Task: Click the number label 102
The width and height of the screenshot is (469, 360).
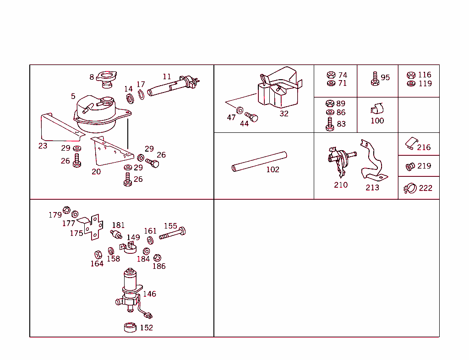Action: coord(273,169)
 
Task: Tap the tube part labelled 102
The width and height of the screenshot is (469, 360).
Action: coord(259,161)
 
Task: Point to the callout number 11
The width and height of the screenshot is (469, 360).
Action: coord(167,76)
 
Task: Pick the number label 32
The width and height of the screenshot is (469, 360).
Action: coord(284,114)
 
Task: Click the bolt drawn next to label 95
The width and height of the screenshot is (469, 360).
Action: coord(374,78)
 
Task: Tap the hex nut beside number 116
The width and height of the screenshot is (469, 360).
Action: coord(411,75)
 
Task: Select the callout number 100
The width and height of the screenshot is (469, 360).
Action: coord(377,121)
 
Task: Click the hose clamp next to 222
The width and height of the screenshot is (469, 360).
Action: coord(409,188)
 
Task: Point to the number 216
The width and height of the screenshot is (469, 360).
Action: coord(424,147)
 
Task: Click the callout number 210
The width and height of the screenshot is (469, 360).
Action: coord(340,185)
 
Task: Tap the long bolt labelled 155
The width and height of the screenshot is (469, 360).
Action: coord(172,234)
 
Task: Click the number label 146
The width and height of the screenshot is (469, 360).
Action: coord(149,294)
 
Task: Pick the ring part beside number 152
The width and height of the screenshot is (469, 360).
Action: coord(131,327)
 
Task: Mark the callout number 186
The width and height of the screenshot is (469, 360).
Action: coord(159,266)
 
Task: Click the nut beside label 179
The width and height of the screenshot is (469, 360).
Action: coord(66,210)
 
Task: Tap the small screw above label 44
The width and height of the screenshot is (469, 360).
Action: coord(251,117)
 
